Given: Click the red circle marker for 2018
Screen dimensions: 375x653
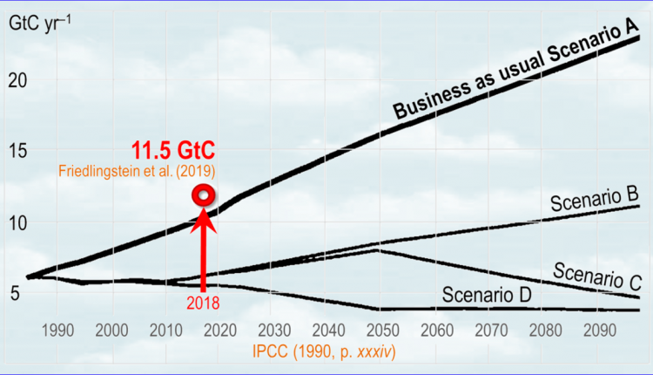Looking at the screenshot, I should click(205, 195).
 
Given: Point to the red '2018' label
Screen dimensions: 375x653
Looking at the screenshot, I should click(202, 303).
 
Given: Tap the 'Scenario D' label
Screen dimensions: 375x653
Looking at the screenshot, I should click(486, 295).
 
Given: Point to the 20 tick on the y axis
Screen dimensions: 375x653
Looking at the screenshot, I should click(19, 79).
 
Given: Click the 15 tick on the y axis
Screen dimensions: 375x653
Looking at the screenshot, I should click(19, 151).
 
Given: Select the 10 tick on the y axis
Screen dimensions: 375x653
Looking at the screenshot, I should click(19, 222).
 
